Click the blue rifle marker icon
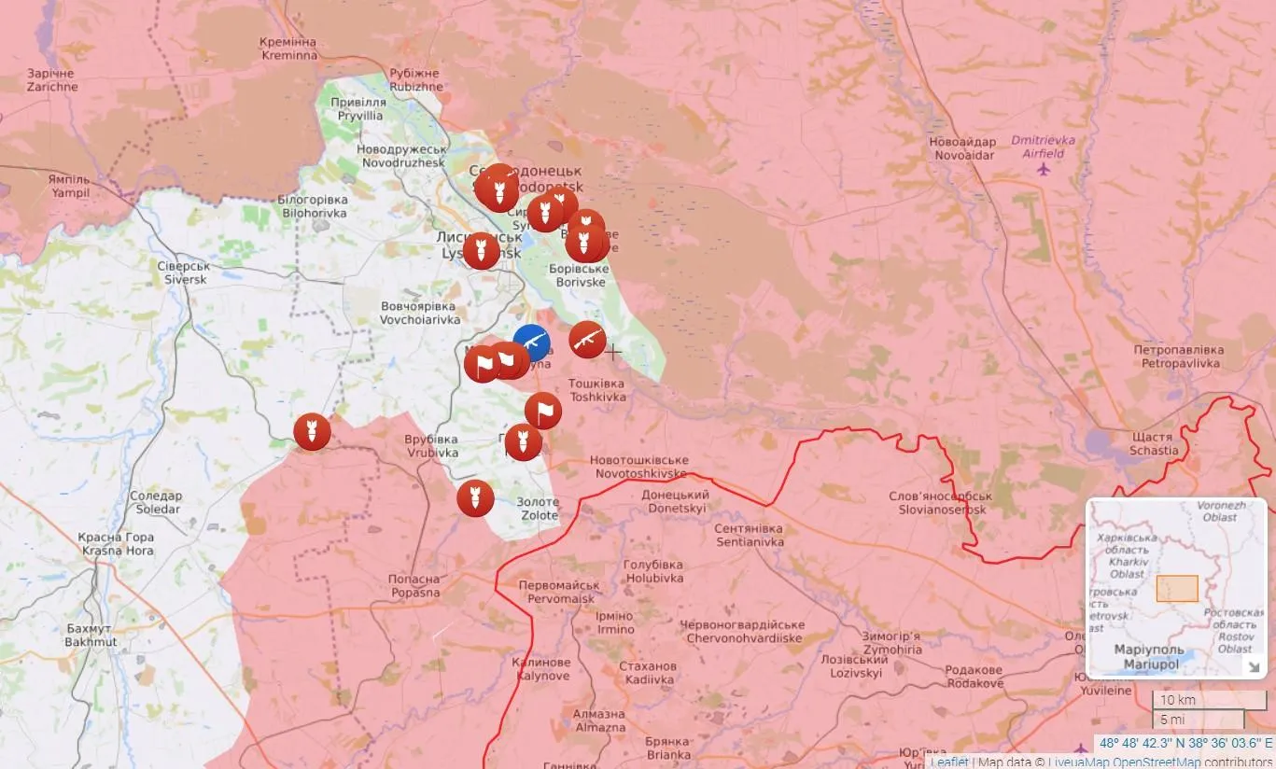[x=531, y=343]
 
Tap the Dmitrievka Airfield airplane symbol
[x=1043, y=170]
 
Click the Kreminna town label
[x=287, y=49]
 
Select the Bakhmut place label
[x=91, y=636]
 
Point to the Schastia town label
[x=1154, y=443]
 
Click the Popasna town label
[x=414, y=586]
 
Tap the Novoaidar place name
[x=961, y=148]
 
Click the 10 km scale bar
[x=1208, y=700]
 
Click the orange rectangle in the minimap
[x=1176, y=588]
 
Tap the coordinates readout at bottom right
[x=1185, y=744]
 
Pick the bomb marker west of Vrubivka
[x=312, y=432]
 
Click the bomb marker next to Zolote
[x=475, y=497]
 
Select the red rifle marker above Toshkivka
[x=587, y=340]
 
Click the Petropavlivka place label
[x=1177, y=357]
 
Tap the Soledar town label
[x=156, y=502]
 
